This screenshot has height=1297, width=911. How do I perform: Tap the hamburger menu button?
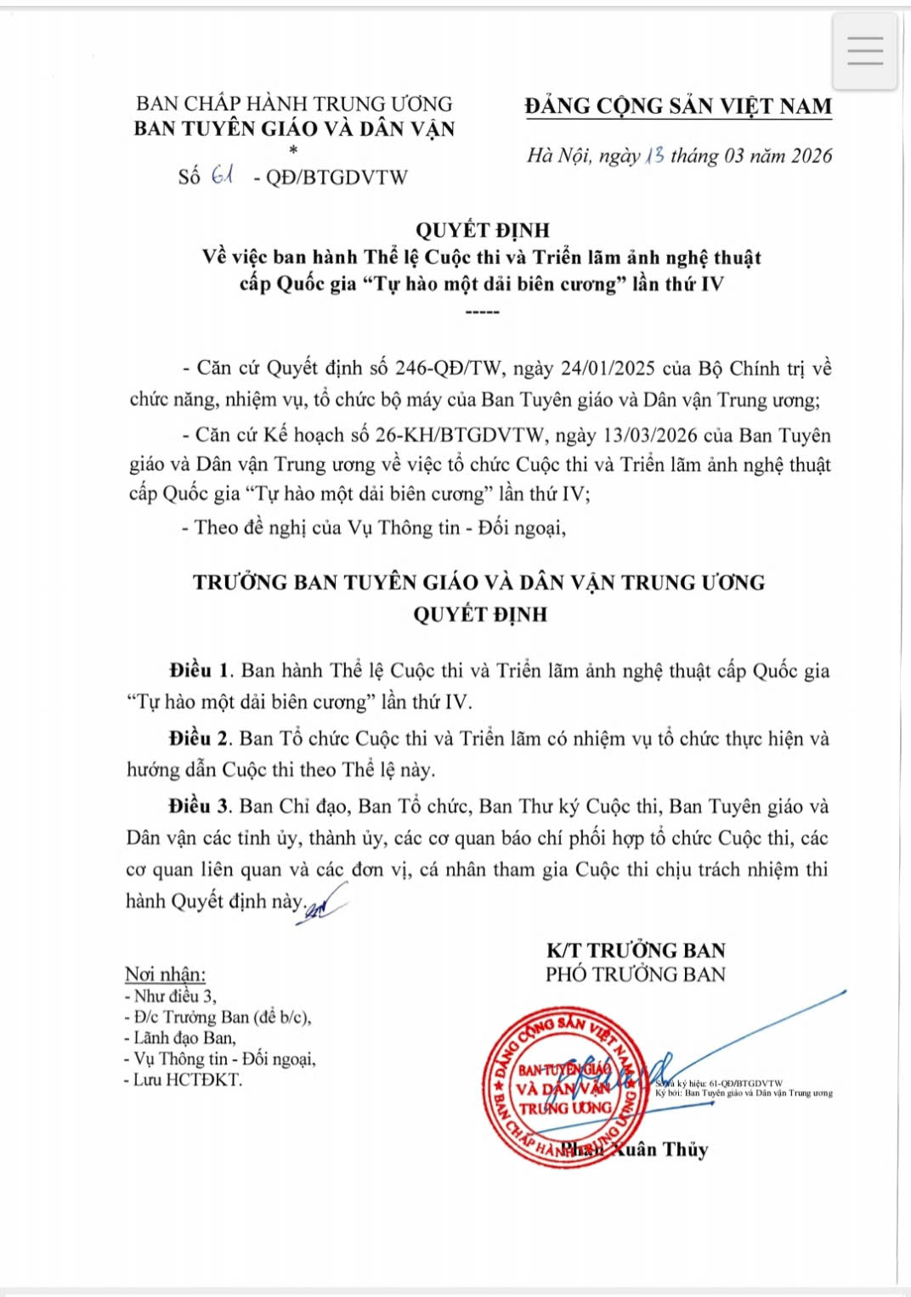point(864,52)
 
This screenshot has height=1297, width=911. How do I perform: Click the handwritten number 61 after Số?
point(223,176)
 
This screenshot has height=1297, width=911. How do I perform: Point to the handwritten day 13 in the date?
point(654,155)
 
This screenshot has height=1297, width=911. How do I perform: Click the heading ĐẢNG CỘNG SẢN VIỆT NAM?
point(678,106)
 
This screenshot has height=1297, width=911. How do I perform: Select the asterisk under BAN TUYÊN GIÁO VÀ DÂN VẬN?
point(294,150)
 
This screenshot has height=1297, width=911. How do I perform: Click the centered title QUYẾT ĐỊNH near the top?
point(482,230)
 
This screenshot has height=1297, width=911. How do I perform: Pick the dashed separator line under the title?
point(482,312)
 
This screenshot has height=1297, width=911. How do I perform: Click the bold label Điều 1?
point(201,670)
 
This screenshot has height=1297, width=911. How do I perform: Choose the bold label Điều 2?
point(200,738)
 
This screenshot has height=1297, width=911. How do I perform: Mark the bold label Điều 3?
point(200,806)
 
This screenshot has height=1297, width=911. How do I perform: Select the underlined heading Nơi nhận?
point(165,974)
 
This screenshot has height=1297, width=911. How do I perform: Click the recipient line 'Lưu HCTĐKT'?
point(186,1080)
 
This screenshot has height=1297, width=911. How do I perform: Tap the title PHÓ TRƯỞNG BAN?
point(635,974)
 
